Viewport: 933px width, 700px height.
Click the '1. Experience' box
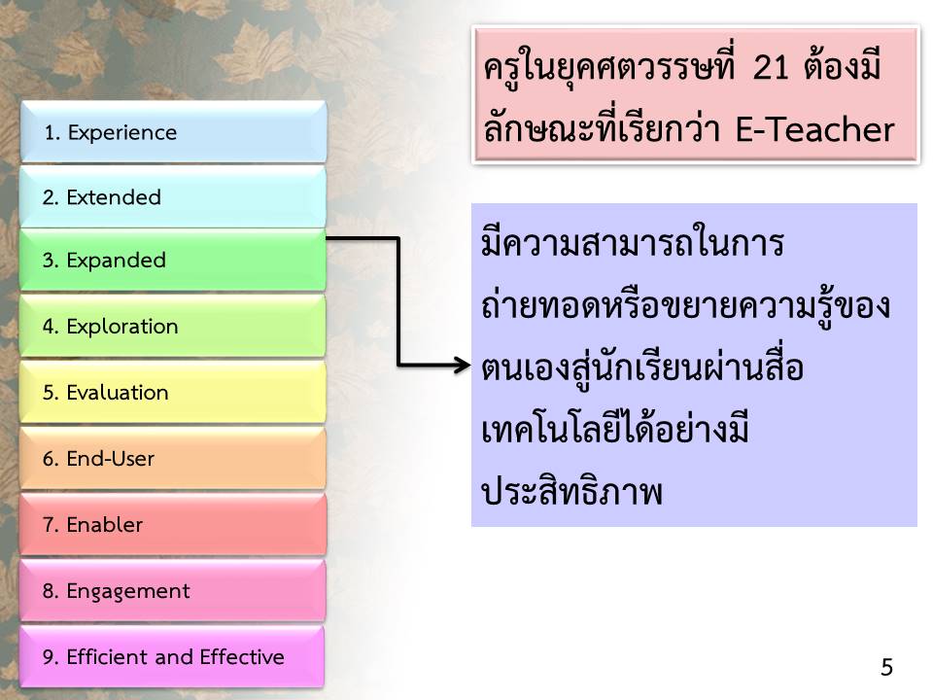coord(174,131)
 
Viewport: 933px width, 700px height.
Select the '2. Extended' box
coord(173,196)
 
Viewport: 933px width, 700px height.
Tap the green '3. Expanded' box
coord(173,261)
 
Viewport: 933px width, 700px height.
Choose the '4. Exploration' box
coord(173,327)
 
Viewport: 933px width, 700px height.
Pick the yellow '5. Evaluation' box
coord(173,392)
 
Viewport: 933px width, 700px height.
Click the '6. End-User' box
coord(173,458)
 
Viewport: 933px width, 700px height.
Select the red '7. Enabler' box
coord(173,524)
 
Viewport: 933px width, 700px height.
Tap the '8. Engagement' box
coord(173,590)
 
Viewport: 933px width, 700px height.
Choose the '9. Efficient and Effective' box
coord(173,656)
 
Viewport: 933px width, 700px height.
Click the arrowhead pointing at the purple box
coord(463,364)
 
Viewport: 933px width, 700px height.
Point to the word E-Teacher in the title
coord(814,129)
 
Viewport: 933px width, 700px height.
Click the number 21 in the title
coord(771,67)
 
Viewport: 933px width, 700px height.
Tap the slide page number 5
coord(886,667)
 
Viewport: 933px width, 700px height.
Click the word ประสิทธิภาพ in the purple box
coord(571,492)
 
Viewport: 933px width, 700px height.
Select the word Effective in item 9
coord(242,656)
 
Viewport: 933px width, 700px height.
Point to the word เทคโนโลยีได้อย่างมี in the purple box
coord(614,428)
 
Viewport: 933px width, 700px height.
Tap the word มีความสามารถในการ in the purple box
coord(633,243)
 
